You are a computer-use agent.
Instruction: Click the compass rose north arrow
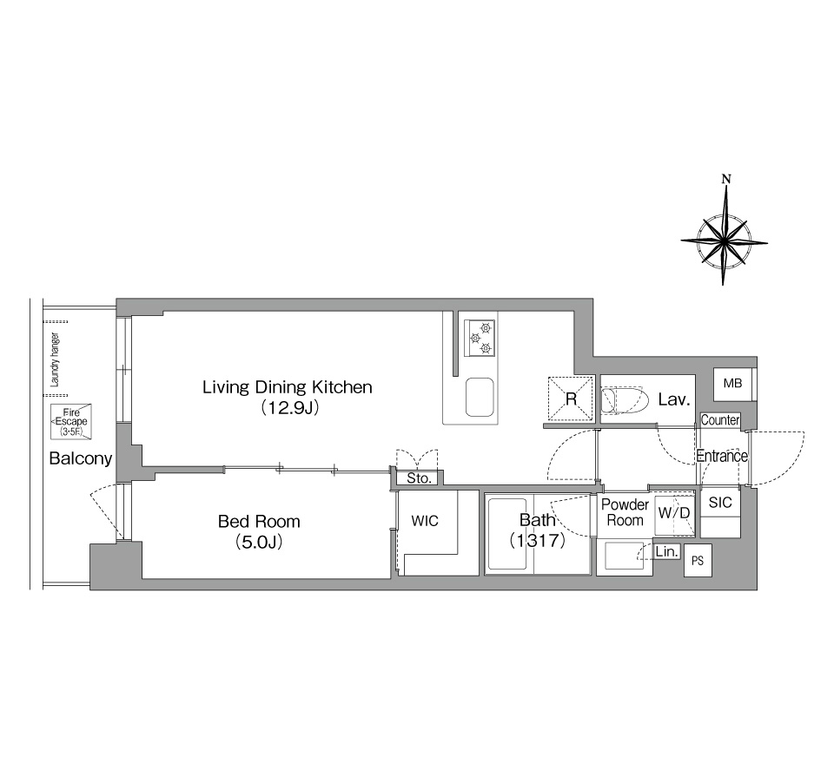[725, 213]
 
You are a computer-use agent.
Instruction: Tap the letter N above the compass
[726, 179]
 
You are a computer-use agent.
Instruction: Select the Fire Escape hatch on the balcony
[70, 422]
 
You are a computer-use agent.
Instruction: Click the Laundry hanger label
[54, 359]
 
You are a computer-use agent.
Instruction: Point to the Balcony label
[80, 458]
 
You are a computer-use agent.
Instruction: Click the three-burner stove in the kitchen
[480, 338]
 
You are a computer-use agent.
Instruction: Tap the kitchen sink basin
[480, 397]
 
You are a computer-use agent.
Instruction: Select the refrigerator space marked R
[571, 398]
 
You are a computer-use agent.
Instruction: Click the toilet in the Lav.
[625, 400]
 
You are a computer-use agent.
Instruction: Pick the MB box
[732, 384]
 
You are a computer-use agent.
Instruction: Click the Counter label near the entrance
[719, 420]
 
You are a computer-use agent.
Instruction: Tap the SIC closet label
[720, 503]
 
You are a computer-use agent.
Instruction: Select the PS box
[698, 560]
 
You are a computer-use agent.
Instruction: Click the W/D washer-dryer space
[674, 515]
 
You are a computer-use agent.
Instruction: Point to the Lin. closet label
[666, 552]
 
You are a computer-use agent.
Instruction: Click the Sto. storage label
[419, 478]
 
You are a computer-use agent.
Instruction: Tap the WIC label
[425, 521]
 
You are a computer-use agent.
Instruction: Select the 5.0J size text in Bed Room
[259, 542]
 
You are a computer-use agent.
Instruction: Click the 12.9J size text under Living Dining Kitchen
[288, 408]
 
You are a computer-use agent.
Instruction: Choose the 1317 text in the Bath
[537, 540]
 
